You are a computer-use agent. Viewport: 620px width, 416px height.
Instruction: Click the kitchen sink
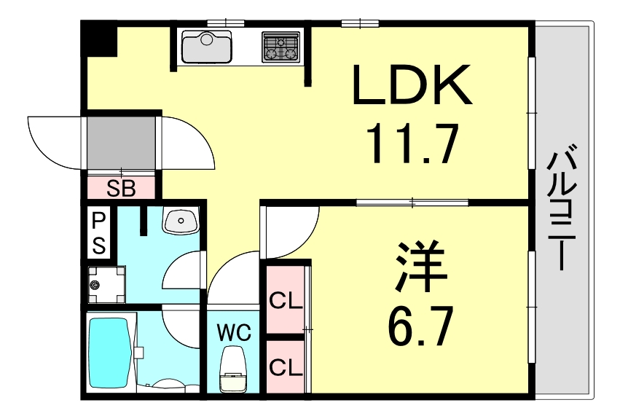(x=206, y=47)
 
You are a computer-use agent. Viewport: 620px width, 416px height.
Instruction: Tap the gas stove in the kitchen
(x=280, y=47)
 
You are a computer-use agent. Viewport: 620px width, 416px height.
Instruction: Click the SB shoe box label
(x=121, y=188)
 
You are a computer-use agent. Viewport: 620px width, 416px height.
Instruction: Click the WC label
(x=233, y=334)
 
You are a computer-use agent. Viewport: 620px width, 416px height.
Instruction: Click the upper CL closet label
(x=286, y=300)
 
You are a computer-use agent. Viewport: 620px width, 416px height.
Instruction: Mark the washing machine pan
(x=106, y=284)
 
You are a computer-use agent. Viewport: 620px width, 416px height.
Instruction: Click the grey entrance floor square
(x=121, y=142)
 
